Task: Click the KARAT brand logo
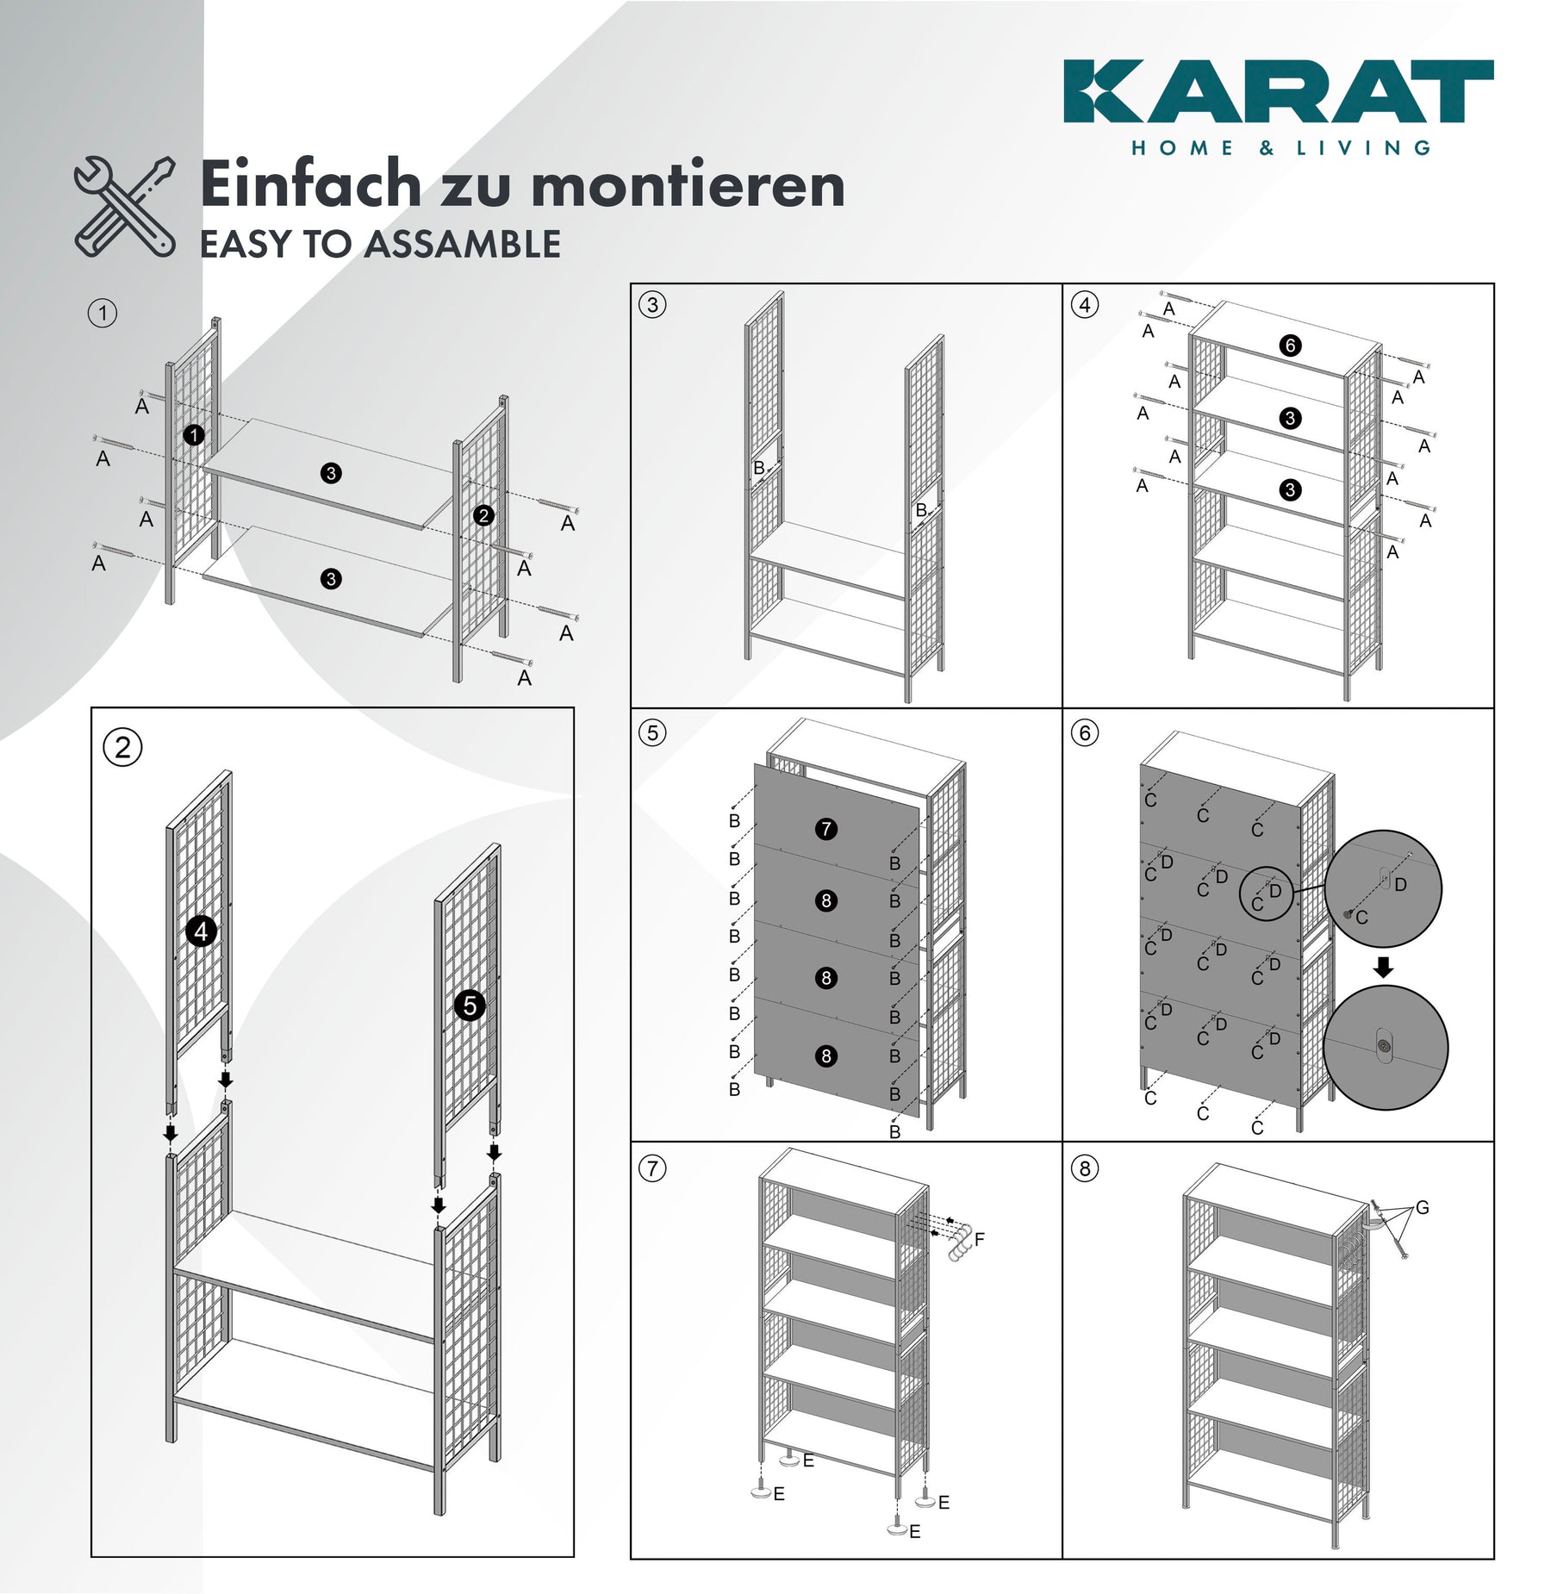pyautogui.click(x=1278, y=91)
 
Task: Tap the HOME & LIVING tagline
pyautogui.click(x=1280, y=148)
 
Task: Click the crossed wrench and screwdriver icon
pyautogui.click(x=125, y=207)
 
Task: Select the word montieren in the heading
pyautogui.click(x=688, y=186)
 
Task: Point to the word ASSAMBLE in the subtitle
pyautogui.click(x=463, y=245)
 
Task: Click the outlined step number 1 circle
pyautogui.click(x=103, y=313)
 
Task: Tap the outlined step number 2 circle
pyautogui.click(x=122, y=747)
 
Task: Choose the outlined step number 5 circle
pyautogui.click(x=652, y=733)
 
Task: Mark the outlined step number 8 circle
pyautogui.click(x=1085, y=1168)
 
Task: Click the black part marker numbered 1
pyautogui.click(x=194, y=435)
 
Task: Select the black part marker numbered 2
pyautogui.click(x=483, y=515)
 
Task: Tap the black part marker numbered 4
pyautogui.click(x=201, y=931)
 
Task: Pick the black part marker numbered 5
pyautogui.click(x=470, y=1005)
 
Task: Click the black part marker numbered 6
pyautogui.click(x=1290, y=346)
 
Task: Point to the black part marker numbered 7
pyautogui.click(x=826, y=829)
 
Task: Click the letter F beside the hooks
pyautogui.click(x=979, y=1240)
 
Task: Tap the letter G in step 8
pyautogui.click(x=1422, y=1208)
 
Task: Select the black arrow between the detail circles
pyautogui.click(x=1383, y=967)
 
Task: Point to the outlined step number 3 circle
pyautogui.click(x=652, y=304)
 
